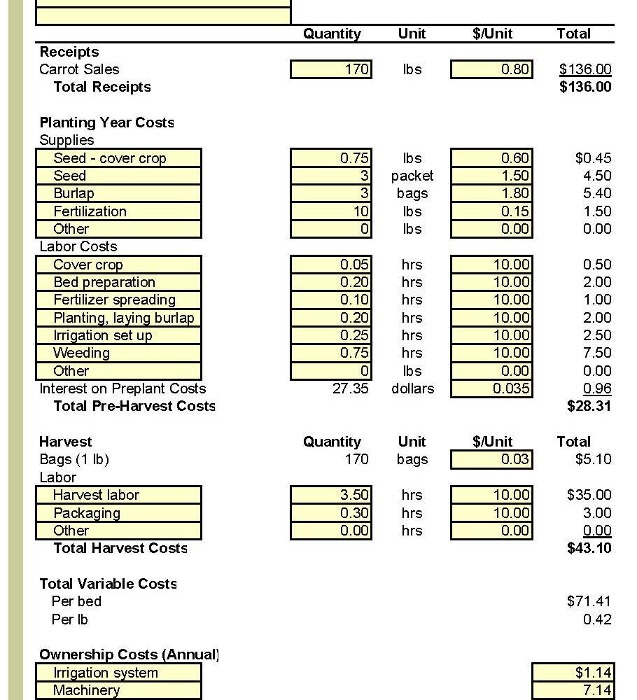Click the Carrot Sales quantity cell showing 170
click(331, 69)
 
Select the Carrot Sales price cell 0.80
click(491, 69)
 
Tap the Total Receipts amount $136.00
click(585, 87)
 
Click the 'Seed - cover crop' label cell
click(119, 158)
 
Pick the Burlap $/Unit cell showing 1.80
click(491, 193)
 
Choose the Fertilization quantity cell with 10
click(331, 211)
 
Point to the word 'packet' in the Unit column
click(412, 176)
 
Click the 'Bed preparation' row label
click(119, 282)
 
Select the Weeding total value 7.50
click(596, 353)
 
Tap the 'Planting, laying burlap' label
click(119, 318)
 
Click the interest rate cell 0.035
click(491, 388)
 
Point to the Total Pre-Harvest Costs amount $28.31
click(589, 406)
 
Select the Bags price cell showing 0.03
click(491, 459)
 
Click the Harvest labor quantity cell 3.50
click(331, 495)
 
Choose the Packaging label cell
click(119, 513)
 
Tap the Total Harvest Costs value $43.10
click(589, 548)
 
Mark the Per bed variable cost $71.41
click(589, 601)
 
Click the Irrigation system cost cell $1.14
click(573, 673)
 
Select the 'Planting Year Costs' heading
click(106, 122)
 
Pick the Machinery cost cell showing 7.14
click(573, 690)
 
